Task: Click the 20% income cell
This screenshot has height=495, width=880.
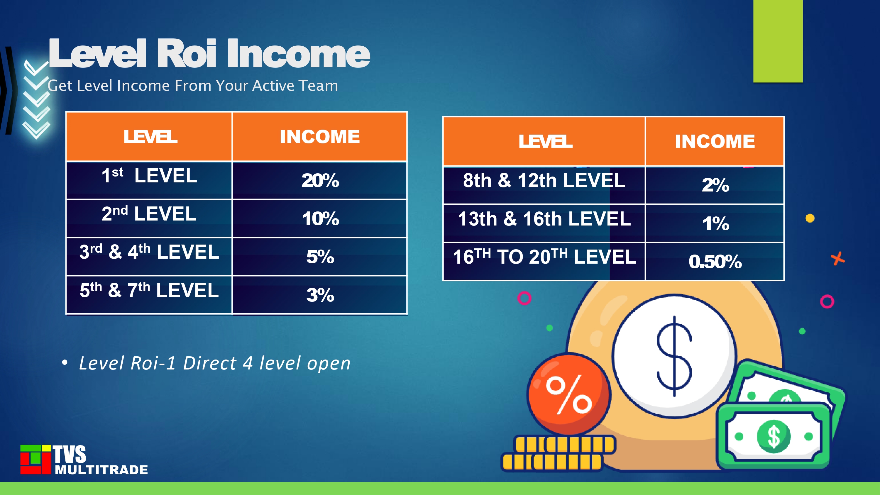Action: click(x=320, y=180)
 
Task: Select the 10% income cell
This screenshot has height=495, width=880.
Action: click(x=320, y=218)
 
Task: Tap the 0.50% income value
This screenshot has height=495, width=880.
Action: click(x=715, y=262)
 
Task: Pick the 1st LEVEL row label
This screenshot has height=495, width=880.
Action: click(x=149, y=176)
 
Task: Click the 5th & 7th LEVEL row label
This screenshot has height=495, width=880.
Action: click(x=149, y=290)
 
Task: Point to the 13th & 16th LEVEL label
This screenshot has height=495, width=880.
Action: click(x=544, y=219)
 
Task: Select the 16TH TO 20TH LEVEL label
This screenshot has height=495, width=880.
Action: click(x=544, y=257)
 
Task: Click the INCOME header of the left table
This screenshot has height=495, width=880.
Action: click(x=320, y=137)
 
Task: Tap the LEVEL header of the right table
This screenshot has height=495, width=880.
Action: click(x=546, y=141)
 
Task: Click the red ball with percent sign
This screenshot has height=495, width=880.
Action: click(x=569, y=394)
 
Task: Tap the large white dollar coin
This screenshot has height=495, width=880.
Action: click(x=674, y=356)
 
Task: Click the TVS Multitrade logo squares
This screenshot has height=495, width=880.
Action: click(x=35, y=460)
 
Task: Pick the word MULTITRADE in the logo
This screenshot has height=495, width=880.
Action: click(x=101, y=470)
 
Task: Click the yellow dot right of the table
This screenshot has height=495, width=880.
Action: click(x=810, y=218)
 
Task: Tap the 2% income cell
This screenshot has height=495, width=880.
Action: click(x=715, y=185)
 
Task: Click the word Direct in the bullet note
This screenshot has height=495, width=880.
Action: click(x=210, y=363)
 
